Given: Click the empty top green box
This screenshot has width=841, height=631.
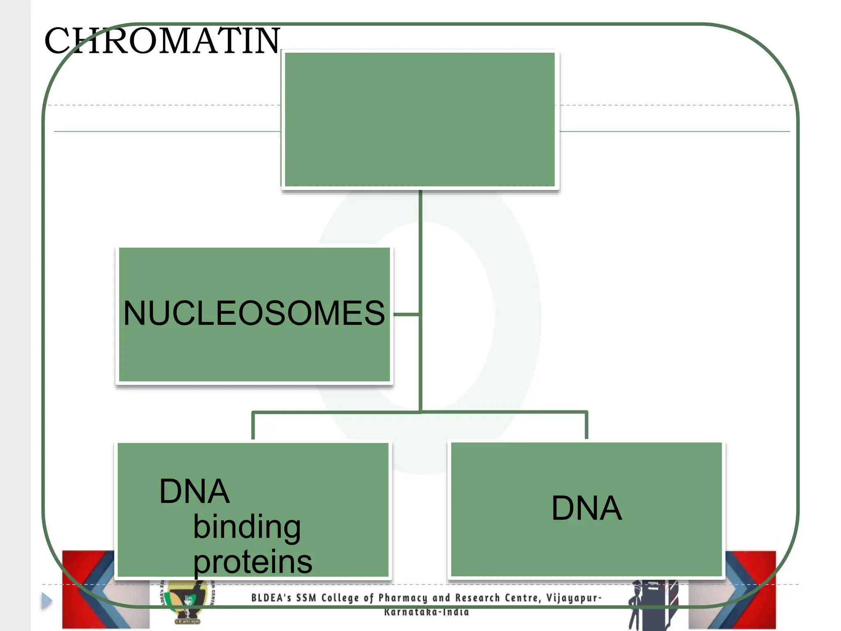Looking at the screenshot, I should pyautogui.click(x=420, y=119).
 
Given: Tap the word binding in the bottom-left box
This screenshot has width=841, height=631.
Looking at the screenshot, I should pyautogui.click(x=247, y=527).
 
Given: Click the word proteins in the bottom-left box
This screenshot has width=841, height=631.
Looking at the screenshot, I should pyautogui.click(x=253, y=562).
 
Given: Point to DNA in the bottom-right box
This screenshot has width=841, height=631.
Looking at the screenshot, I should pyautogui.click(x=586, y=508).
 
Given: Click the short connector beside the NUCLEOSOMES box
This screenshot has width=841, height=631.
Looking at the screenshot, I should pyautogui.click(x=406, y=314).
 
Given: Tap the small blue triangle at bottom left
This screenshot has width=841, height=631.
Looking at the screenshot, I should pyautogui.click(x=47, y=601).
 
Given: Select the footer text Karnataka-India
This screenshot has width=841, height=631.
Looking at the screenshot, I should pyautogui.click(x=426, y=612).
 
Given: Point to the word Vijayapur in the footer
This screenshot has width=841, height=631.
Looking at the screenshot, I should pyautogui.click(x=572, y=598).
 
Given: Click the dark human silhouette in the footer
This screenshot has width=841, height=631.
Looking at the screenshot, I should pyautogui.click(x=636, y=608).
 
